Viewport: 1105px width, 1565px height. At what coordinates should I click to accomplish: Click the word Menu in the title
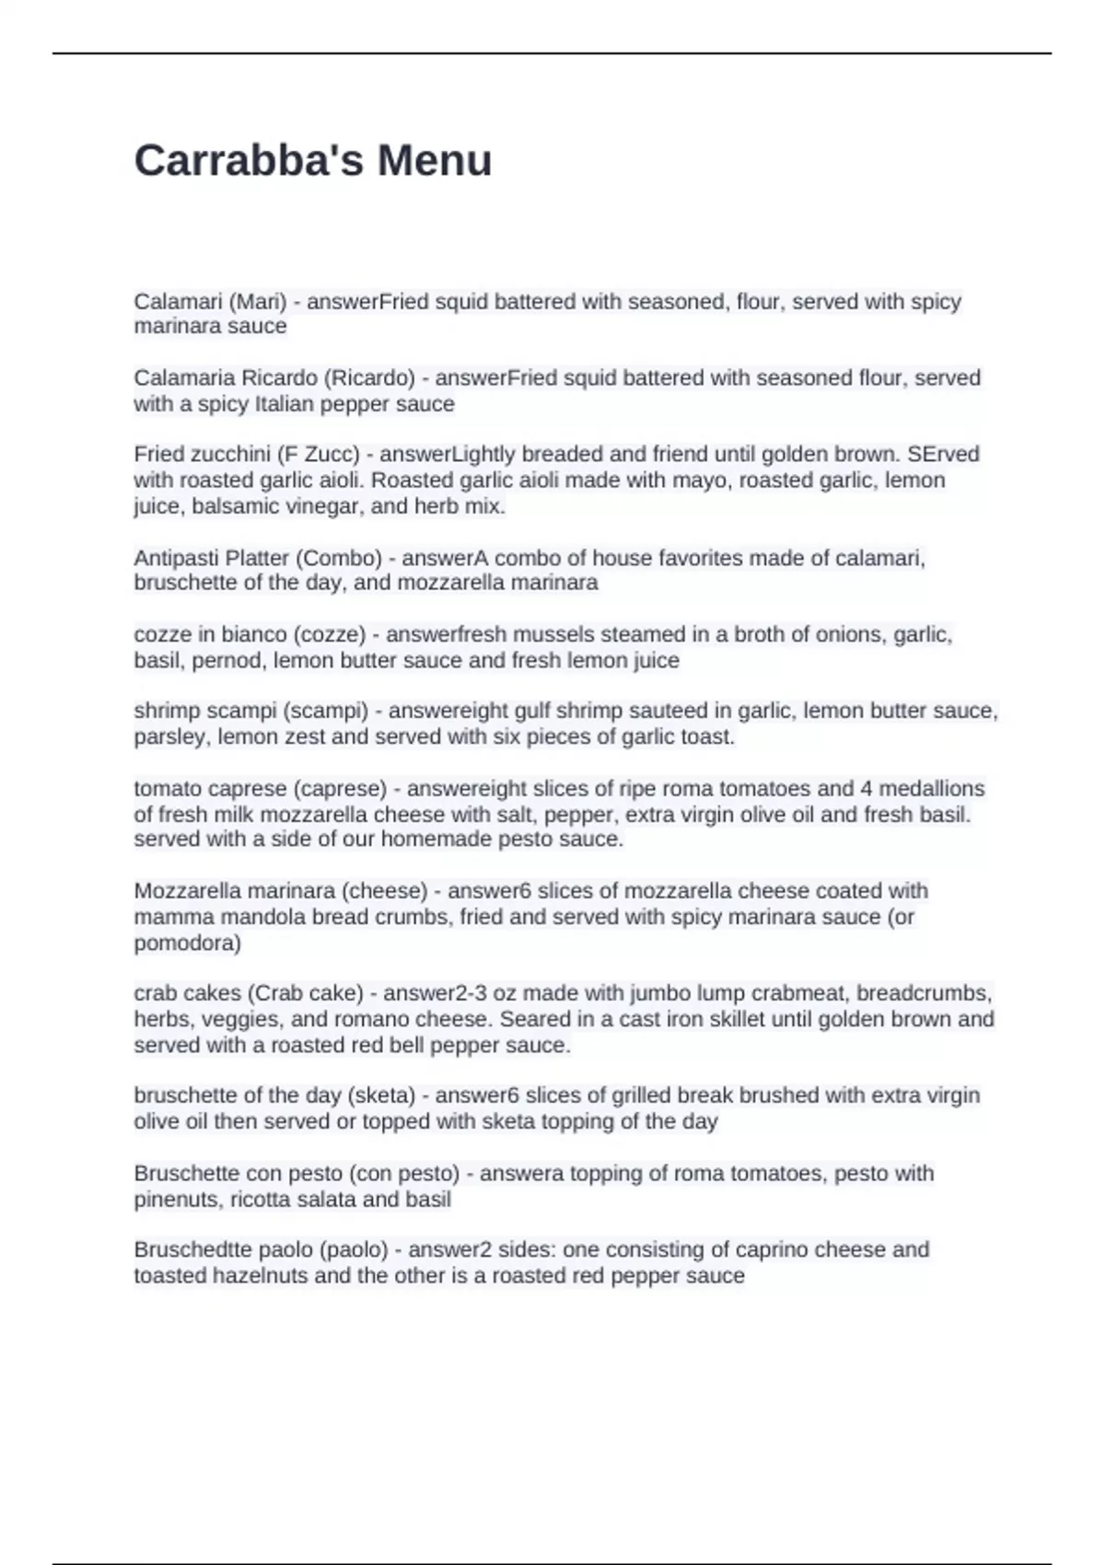435,161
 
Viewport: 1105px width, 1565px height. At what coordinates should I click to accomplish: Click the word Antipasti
175,558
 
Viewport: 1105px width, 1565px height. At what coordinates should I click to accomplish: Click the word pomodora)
187,943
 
